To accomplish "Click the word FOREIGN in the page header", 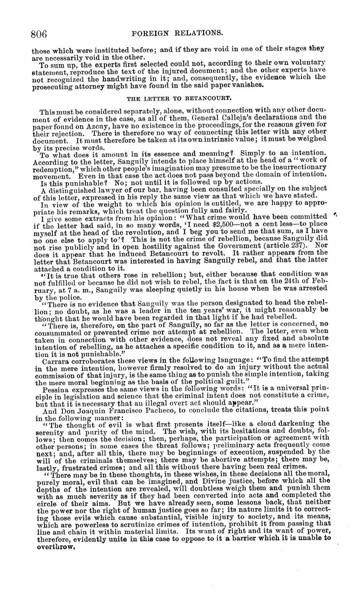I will tap(154, 33).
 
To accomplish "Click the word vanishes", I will tap(248, 85).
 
